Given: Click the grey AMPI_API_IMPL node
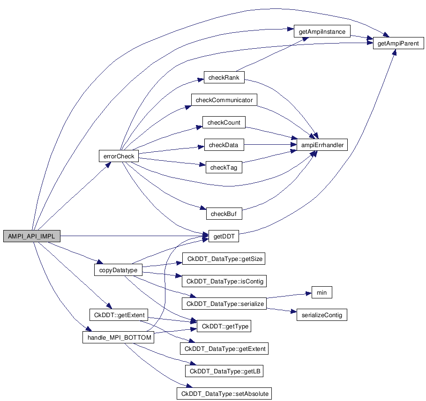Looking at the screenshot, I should pos(32,237).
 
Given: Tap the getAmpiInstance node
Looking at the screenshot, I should pos(322,32).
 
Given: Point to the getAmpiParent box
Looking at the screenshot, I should pos(398,44).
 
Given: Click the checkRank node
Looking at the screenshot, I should pos(224,78).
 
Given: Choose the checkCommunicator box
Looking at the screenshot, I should pos(224,100).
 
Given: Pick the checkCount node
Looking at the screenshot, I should pos(224,123).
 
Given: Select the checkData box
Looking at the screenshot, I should pos(224,145).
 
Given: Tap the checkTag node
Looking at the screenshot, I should pos(224,168).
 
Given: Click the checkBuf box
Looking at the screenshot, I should pos(224,214).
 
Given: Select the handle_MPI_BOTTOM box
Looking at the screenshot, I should pos(118,337).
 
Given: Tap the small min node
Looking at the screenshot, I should pos(321,293).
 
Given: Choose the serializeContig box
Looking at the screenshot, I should pos(321,315).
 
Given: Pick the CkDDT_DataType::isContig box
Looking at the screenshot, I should pos(225,282).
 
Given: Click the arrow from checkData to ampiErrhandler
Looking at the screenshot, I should pos(270,145).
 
